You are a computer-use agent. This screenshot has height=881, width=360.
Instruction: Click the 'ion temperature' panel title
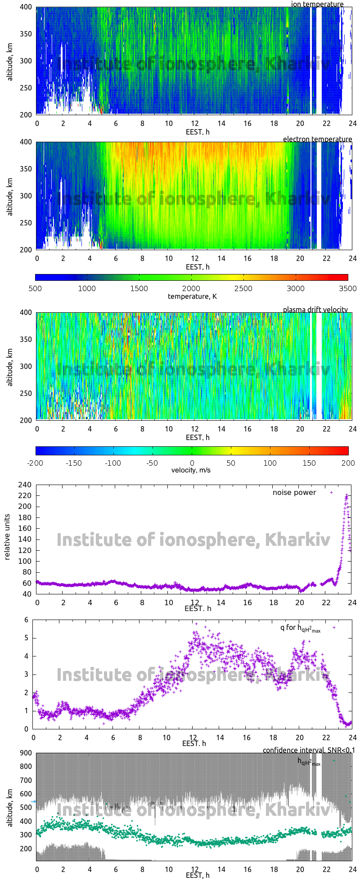(x=317, y=4)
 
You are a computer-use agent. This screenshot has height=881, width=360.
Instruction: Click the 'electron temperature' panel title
(x=317, y=139)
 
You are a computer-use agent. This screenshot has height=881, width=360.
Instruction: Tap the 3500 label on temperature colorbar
(x=347, y=288)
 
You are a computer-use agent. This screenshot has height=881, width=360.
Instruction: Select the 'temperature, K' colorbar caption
(x=192, y=296)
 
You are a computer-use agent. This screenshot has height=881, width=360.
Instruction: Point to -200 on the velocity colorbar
(x=36, y=463)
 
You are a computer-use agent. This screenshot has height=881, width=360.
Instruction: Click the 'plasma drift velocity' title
(x=315, y=310)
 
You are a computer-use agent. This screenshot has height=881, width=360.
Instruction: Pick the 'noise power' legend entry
(x=294, y=492)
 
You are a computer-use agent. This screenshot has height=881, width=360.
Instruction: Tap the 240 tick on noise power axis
(x=25, y=485)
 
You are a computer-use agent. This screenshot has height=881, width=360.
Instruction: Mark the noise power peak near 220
(x=346, y=495)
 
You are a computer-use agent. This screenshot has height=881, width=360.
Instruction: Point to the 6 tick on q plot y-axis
(x=27, y=620)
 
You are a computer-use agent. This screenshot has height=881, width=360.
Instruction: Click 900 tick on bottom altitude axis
(x=25, y=753)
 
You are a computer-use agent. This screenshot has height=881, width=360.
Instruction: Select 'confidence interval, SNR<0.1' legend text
(x=309, y=750)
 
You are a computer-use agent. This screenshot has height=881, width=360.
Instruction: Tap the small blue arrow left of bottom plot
(x=33, y=801)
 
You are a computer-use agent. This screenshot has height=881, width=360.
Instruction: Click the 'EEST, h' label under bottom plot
(x=198, y=875)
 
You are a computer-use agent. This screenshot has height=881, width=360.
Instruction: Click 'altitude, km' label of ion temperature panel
(x=10, y=60)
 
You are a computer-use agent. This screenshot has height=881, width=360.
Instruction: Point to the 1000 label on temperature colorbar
(x=87, y=288)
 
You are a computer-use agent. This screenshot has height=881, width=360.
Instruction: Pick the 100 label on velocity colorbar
(x=270, y=463)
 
